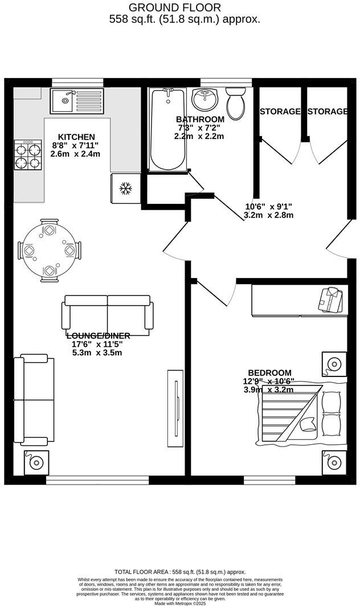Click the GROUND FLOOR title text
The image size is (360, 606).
coord(175,7)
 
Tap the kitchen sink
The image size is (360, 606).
coord(76,101)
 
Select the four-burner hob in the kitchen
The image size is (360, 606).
coord(27,154)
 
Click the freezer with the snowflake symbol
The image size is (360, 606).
coord(124,187)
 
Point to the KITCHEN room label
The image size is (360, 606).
coord(76,137)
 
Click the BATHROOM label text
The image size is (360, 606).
coord(199,120)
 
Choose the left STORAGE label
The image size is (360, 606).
coord(280,112)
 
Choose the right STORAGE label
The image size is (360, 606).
coord(327,112)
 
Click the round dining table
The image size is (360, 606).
coord(49,251)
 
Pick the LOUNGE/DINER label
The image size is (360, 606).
coord(98,335)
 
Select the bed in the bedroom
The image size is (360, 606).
coord(300,411)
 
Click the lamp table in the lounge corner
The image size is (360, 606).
coord(36,462)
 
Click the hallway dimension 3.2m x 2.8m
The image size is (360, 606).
coord(268,215)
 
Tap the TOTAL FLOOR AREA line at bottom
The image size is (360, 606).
coord(180,571)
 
